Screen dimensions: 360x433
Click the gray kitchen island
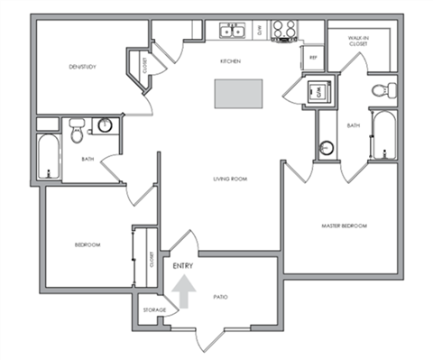coord(238,92)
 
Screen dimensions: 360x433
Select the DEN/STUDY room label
coord(83,67)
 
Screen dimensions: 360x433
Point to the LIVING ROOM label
coord(230,178)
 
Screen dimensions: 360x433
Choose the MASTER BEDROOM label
coord(345,225)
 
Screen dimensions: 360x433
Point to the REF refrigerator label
coord(313,58)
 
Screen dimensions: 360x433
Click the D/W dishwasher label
coord(260,32)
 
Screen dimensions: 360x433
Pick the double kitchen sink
coord(232,32)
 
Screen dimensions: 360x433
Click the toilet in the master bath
coord(387,88)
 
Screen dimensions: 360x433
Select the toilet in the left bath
coord(78,130)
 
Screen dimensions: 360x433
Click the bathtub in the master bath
coord(384,137)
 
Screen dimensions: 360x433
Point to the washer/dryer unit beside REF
coord(318,90)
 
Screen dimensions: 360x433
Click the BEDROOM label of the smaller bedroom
coord(87,245)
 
